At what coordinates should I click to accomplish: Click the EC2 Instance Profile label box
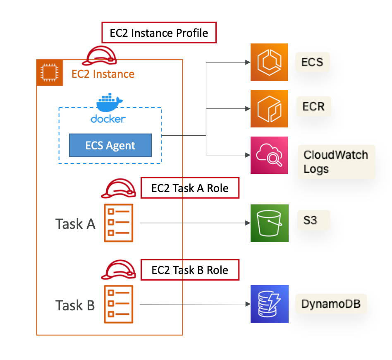point(159,33)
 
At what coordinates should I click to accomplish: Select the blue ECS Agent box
point(110,145)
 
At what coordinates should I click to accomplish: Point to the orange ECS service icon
point(269,62)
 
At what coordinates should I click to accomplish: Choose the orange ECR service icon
point(269,108)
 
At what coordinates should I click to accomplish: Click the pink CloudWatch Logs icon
point(269,155)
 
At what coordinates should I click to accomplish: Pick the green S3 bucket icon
point(269,223)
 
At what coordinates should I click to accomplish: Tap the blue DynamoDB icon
point(269,304)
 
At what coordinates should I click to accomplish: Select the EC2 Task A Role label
point(190,188)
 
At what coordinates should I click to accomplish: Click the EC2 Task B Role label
point(190,270)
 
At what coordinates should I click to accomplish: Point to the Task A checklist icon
point(119,223)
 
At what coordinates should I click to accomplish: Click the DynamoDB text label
point(331,304)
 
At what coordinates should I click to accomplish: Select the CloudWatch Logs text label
point(336,162)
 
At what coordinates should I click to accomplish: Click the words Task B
point(75,305)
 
